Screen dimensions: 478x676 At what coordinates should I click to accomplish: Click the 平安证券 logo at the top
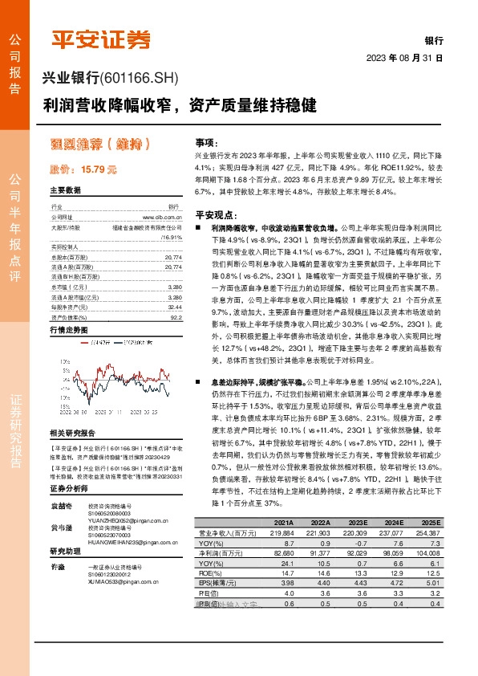point(100,39)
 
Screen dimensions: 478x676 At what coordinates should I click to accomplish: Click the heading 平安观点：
point(216,216)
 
